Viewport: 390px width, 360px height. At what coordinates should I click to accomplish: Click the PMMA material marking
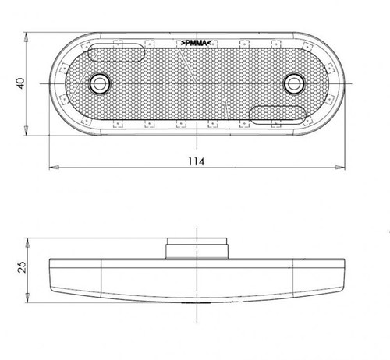click(199, 44)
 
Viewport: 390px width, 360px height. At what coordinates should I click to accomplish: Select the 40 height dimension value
click(20, 83)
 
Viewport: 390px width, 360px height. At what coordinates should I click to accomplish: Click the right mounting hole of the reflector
click(293, 83)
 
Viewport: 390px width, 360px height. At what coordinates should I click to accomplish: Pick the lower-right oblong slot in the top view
click(278, 115)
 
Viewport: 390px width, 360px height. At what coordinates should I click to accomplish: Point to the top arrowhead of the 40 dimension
click(28, 37)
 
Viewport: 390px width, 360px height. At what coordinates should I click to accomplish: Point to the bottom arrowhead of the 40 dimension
click(28, 130)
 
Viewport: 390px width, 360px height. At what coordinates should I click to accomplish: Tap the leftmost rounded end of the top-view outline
click(51, 83)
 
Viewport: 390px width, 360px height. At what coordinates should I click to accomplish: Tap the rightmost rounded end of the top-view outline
click(343, 83)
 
